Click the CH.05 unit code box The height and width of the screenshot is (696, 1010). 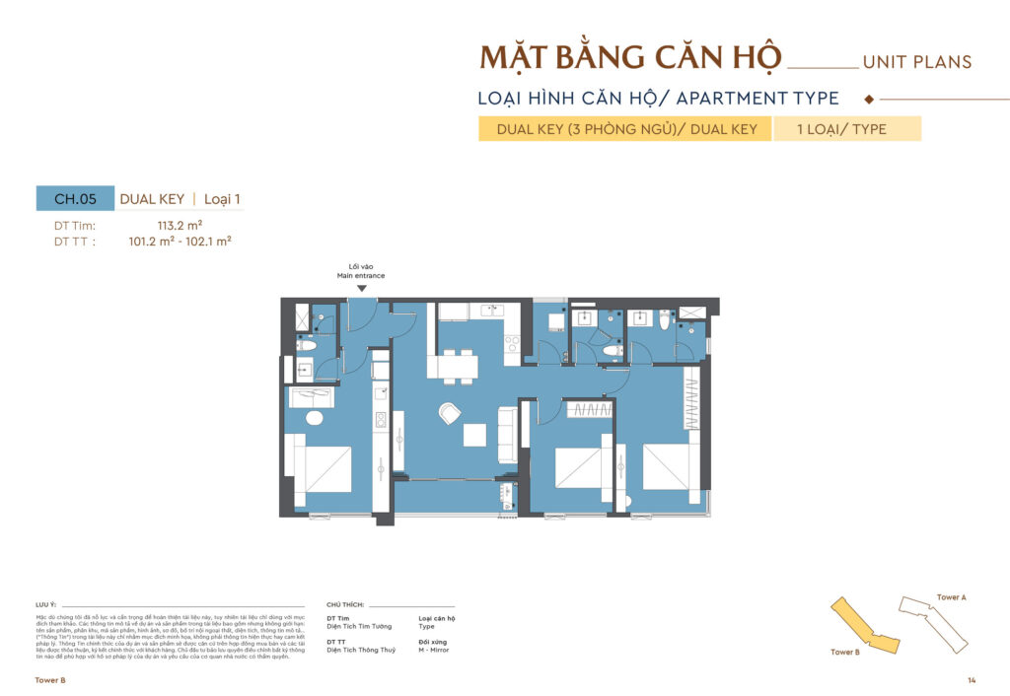pos(75,198)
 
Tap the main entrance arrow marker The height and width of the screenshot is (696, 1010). pos(363,288)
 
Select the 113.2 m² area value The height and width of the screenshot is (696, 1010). pos(180,225)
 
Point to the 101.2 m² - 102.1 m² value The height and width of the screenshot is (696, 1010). pos(180,240)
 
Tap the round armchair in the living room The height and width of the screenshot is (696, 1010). pos(450,414)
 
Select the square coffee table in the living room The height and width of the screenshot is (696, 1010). pos(475,435)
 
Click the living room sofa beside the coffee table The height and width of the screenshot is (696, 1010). pos(507,435)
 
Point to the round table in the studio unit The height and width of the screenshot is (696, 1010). pos(315,418)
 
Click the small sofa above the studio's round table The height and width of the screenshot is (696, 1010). pos(311,397)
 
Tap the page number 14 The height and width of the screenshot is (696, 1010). pos(972,680)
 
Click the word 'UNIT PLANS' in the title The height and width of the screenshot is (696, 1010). pos(916,62)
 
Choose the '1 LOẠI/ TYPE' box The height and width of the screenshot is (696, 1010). pos(847,129)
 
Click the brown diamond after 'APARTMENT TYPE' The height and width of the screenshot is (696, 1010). pos(868,99)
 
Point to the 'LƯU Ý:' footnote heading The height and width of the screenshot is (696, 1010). pos(45,601)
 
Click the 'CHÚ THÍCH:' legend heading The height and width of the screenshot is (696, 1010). pos(345,601)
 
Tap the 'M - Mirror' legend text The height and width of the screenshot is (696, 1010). pos(436,650)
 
